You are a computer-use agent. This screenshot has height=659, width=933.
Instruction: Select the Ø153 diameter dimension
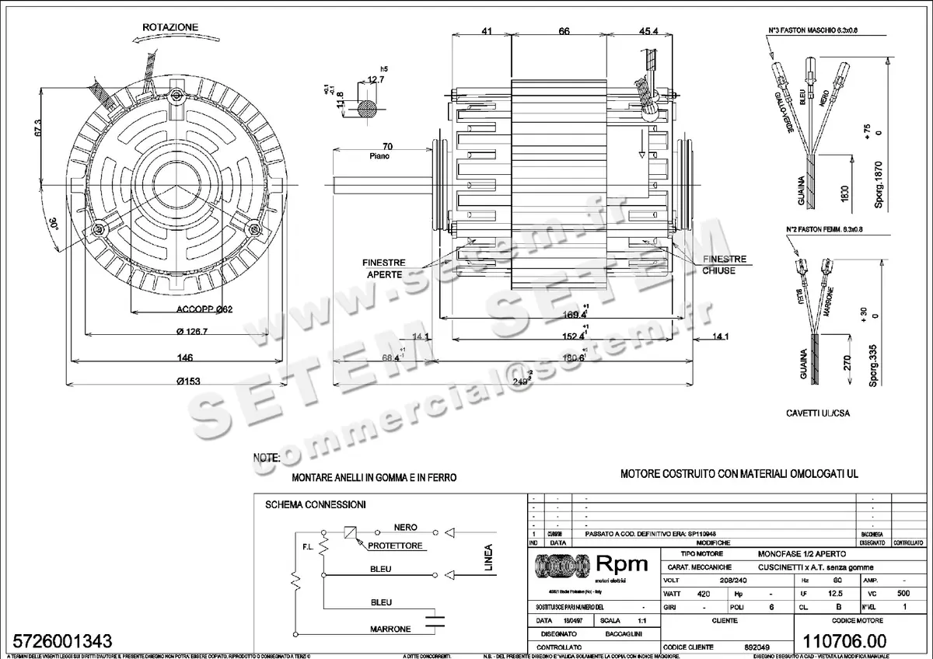(178, 381)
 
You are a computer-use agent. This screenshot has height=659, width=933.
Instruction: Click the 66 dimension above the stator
(564, 31)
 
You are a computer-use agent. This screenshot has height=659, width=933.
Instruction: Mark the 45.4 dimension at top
(649, 31)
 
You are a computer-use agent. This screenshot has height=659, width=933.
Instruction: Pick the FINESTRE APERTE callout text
(385, 269)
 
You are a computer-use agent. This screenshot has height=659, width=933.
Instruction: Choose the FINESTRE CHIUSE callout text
(724, 265)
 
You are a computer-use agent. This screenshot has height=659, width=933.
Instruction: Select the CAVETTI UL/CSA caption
(817, 413)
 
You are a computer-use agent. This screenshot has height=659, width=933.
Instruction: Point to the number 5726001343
(59, 641)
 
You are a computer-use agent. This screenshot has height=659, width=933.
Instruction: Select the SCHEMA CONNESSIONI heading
(315, 504)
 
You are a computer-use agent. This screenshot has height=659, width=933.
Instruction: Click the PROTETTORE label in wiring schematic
(397, 546)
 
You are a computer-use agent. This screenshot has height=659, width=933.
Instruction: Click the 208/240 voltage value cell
(725, 581)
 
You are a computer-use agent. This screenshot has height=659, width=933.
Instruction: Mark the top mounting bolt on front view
(179, 95)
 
